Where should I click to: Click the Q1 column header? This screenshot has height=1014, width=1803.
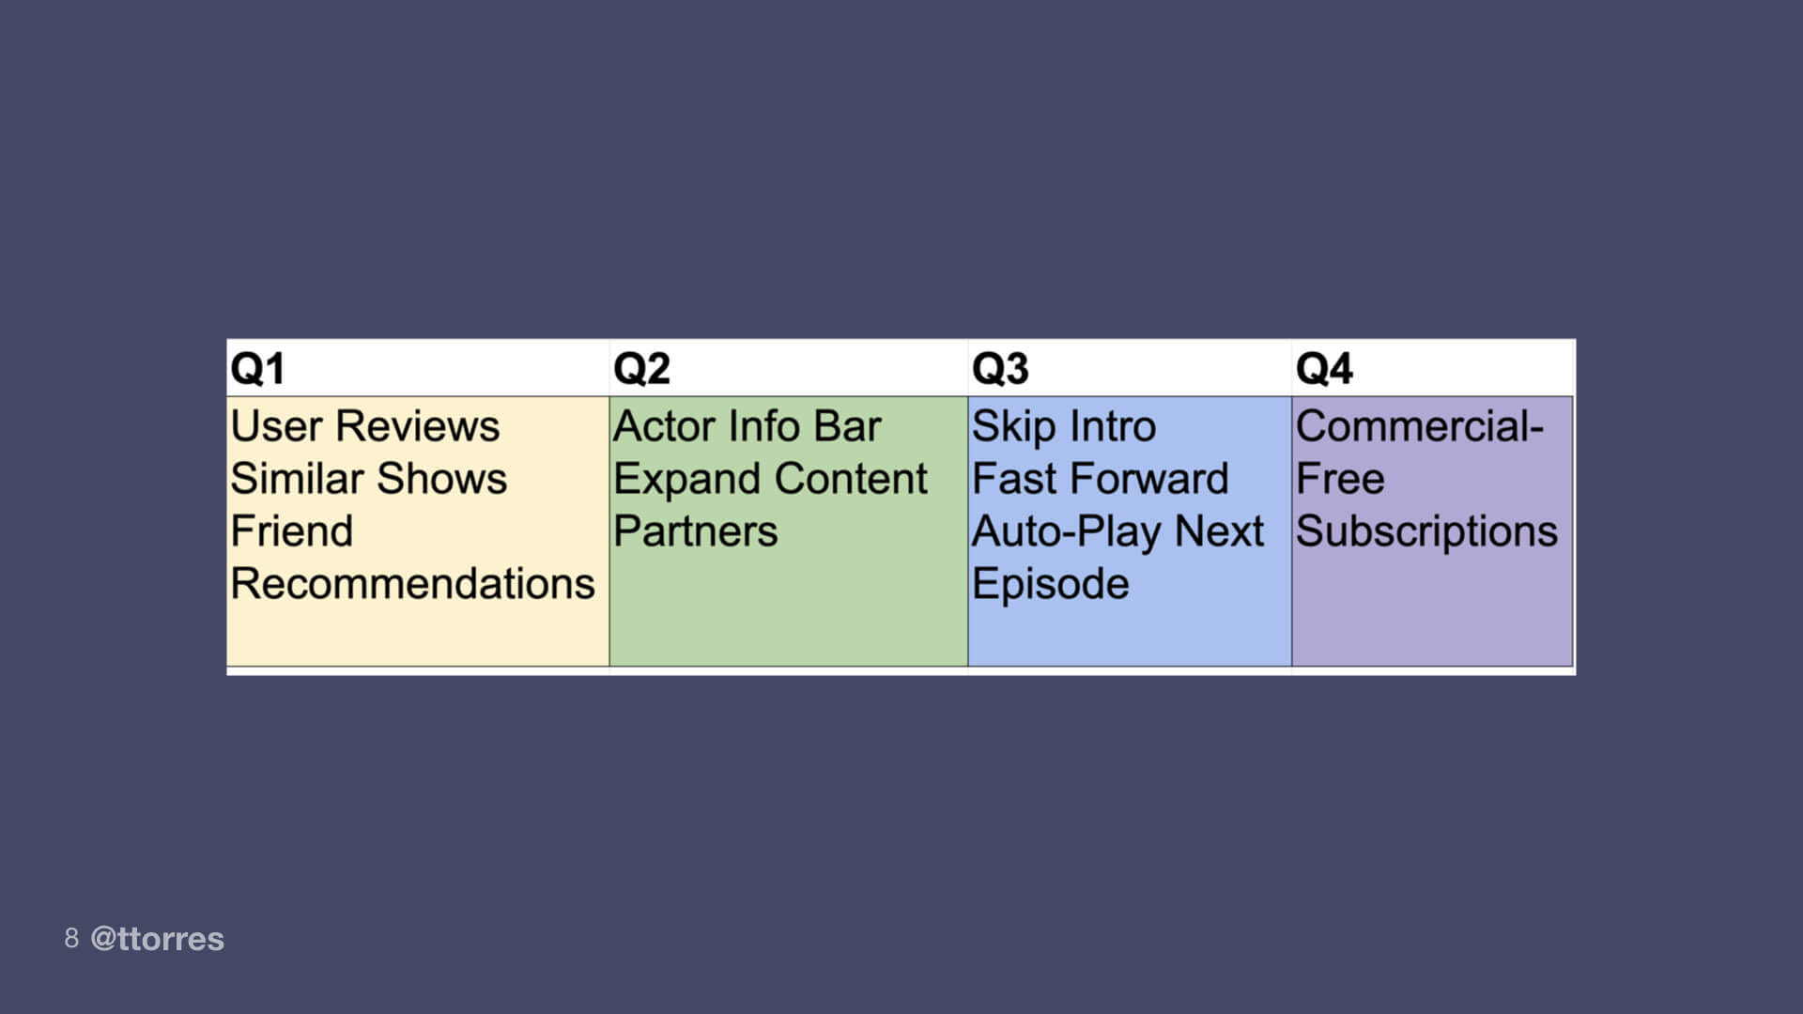pos(257,368)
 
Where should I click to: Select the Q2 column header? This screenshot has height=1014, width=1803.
pos(641,368)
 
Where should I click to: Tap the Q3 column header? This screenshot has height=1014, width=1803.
pos(1000,368)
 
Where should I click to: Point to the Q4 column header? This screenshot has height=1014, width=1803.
pos(1324,368)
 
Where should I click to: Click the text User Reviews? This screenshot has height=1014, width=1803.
pos(365,426)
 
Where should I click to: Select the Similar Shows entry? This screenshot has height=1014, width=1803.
pos(369,479)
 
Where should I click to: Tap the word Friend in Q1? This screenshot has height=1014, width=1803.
pos(292,531)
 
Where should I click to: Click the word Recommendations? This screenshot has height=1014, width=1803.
pos(413,584)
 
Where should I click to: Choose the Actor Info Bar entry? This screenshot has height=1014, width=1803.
pos(747,426)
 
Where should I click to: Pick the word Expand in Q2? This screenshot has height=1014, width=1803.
pos(686,479)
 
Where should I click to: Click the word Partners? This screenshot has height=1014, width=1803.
pos(696,531)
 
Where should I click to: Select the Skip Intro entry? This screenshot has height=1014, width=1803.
pos(1063,426)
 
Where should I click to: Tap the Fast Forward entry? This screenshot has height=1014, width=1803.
pos(1100,479)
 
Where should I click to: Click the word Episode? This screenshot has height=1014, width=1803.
pos(1050,584)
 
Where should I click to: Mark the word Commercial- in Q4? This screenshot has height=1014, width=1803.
pos(1419,426)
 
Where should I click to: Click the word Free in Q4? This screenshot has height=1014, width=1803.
pos(1340,479)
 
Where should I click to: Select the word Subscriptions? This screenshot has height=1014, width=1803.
pos(1426,531)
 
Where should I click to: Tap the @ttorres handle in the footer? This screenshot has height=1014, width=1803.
pos(157,939)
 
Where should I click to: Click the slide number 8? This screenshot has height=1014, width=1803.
pos(71,938)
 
